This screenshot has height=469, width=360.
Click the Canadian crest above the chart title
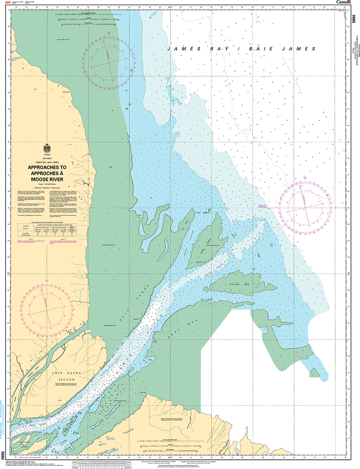47,148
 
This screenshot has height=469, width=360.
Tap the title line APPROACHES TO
47,168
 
